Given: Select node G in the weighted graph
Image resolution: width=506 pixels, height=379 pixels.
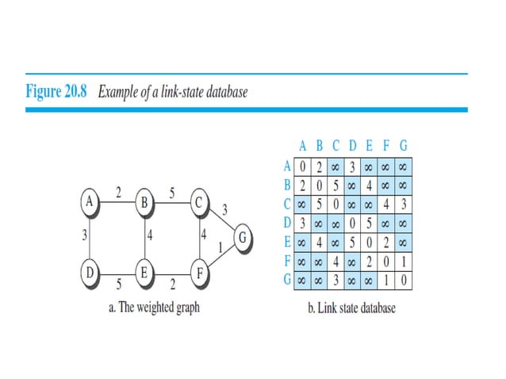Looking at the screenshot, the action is click(243, 236).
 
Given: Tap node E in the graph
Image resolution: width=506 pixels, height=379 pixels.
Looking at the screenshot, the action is click(145, 273).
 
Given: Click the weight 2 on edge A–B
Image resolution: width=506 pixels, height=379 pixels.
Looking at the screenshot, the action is click(118, 193).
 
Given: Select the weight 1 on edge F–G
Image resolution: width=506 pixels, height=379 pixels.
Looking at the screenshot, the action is click(219, 247).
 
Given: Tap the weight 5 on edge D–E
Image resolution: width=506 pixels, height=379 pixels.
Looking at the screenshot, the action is click(119, 283).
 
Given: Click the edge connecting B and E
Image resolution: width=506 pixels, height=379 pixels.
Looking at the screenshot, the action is click(145, 237).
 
